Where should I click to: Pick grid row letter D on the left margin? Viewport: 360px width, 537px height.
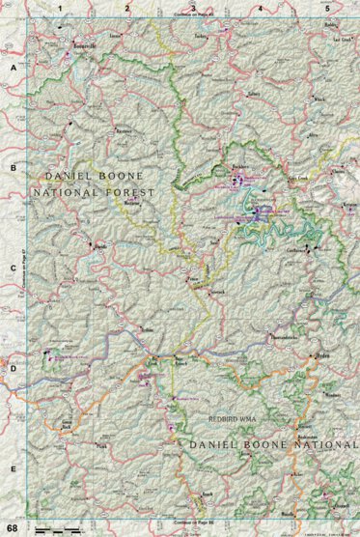tap(13, 367)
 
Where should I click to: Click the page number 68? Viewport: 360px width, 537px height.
tap(12, 528)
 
